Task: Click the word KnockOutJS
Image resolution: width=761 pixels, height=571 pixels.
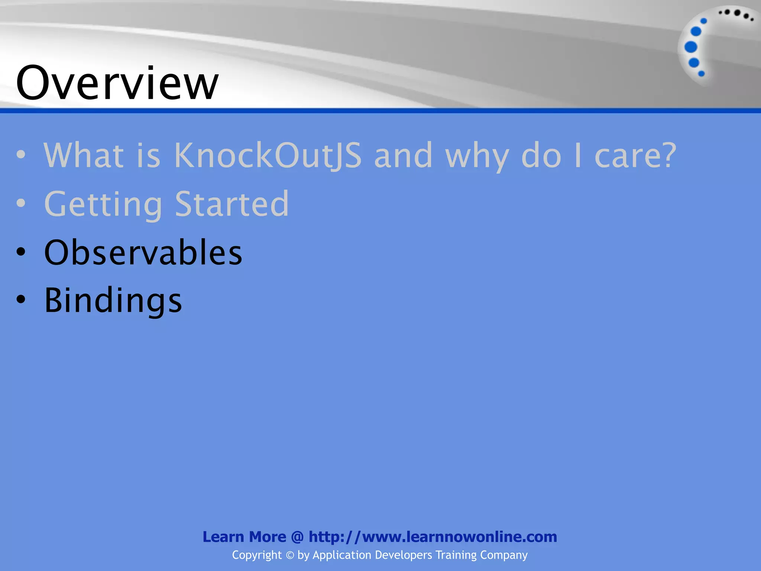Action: [x=268, y=155]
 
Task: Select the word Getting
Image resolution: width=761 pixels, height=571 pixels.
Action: [x=103, y=204]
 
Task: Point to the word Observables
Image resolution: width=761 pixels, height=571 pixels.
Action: [x=143, y=252]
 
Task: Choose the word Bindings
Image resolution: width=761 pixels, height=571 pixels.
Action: [x=113, y=300]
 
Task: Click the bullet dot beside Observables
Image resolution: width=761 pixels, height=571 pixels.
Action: [x=21, y=252]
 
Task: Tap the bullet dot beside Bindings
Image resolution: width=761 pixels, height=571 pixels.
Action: [x=21, y=300]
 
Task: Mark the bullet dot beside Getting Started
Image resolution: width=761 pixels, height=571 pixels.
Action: [x=21, y=203]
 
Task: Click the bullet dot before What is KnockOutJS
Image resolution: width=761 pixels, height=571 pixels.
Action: [x=21, y=155]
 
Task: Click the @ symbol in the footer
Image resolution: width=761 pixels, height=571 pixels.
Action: [x=297, y=537]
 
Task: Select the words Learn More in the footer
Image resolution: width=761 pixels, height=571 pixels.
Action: [x=244, y=537]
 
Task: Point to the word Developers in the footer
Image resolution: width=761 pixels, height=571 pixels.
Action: [x=404, y=555]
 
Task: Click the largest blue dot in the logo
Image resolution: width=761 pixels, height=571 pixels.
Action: [x=691, y=47]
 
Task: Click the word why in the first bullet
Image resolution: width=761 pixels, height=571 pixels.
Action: [x=477, y=155]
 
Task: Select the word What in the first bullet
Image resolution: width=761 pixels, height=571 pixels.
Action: [x=84, y=155]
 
